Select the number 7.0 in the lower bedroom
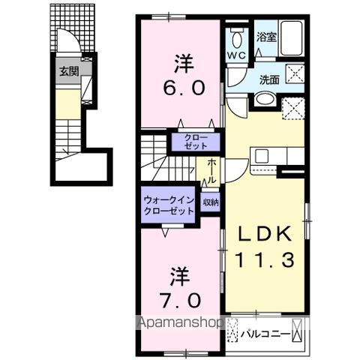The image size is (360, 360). click(180, 301)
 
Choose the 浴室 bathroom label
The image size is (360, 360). click(265, 35)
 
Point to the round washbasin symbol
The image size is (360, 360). click(264, 100)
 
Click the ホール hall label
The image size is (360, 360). click(213, 169)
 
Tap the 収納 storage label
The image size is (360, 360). click(210, 202)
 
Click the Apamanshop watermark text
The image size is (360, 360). click(178, 325)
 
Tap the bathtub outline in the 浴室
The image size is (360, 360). click(289, 37)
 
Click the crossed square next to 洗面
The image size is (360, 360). click(294, 74)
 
